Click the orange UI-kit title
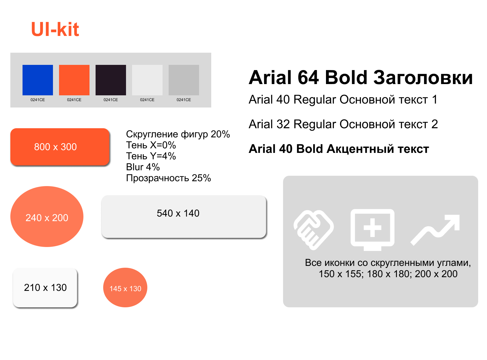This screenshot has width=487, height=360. click(55, 29)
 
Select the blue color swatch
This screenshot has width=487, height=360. click(37, 80)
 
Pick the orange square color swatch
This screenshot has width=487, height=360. click(74, 80)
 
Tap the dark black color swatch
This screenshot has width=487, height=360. click(111, 80)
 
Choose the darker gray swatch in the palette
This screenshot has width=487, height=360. click(184, 80)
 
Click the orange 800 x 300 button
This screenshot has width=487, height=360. click(60, 146)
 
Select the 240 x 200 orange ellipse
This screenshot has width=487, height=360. click(47, 216)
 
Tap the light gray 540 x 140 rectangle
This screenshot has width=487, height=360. click(184, 216)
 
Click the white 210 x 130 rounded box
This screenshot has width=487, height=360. click(45, 287)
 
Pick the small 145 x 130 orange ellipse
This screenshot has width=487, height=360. click(125, 287)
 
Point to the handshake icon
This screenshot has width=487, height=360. click(314, 230)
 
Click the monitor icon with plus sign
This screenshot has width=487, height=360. click(372, 230)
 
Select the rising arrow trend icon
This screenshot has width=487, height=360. click(435, 230)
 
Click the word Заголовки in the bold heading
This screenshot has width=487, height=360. click(423, 77)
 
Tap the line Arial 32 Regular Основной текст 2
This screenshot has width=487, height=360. click(343, 124)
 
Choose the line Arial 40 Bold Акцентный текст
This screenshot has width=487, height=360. click(339, 149)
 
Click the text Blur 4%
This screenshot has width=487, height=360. click(143, 167)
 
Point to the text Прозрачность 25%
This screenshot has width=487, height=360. click(168, 178)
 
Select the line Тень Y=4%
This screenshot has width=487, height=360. click(151, 156)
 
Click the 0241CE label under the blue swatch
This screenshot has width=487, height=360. click(37, 100)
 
